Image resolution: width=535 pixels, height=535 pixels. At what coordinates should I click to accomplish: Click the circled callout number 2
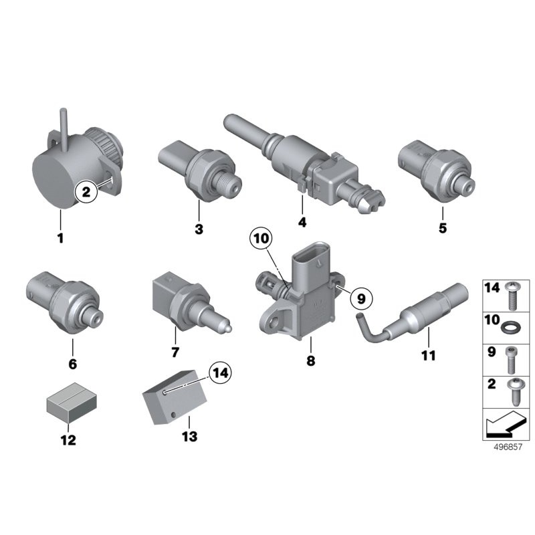(x=86, y=192)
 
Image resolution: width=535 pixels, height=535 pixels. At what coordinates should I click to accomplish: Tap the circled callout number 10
(x=261, y=239)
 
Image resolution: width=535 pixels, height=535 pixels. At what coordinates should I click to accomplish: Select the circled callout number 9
(x=361, y=299)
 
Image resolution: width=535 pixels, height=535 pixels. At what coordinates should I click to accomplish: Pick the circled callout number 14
(x=220, y=373)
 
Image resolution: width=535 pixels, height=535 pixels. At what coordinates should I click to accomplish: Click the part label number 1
(x=61, y=238)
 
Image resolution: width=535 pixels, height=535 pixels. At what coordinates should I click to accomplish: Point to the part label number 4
(x=302, y=222)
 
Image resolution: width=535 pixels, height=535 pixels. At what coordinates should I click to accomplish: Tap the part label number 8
(x=311, y=360)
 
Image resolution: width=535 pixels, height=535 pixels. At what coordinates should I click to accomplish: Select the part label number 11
(x=429, y=356)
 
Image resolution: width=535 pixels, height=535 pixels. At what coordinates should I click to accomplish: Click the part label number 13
(x=190, y=437)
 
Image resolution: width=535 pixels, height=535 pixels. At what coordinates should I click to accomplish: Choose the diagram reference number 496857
(x=508, y=447)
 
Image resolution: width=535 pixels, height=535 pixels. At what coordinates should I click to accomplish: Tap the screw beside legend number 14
(x=511, y=295)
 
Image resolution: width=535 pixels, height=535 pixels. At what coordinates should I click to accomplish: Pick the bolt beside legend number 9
(x=510, y=360)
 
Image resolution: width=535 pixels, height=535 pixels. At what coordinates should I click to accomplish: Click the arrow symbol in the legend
(x=505, y=425)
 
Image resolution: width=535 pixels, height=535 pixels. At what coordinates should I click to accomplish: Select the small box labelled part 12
(x=72, y=403)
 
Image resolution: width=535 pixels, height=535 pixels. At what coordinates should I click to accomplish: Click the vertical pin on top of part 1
(x=64, y=130)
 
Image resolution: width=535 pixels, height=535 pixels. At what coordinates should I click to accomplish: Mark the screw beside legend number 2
(x=514, y=392)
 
